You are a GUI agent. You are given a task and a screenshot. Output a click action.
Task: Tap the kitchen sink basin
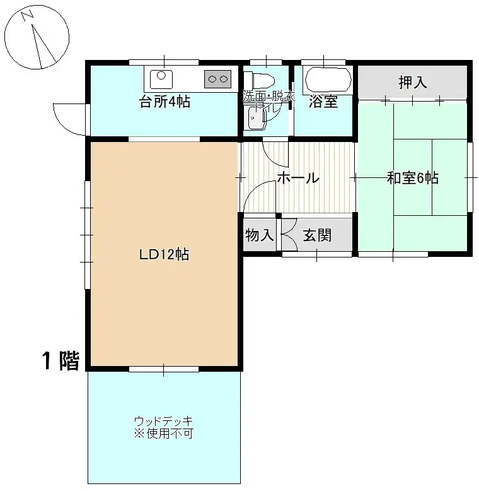coord(161,78)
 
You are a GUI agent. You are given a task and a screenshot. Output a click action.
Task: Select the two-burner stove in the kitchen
coord(217,79)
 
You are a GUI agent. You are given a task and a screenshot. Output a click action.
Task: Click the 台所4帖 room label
coord(164,102)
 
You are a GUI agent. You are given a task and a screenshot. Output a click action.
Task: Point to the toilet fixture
coord(259,80)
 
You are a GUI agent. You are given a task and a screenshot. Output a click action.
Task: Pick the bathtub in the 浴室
coord(327,80)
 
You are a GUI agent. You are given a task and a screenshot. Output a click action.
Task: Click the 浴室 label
coord(323,102)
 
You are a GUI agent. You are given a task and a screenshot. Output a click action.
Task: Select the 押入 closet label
coord(413,83)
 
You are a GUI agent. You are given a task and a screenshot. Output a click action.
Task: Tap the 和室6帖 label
coord(412,178)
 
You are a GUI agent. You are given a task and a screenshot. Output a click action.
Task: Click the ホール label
coord(298,179)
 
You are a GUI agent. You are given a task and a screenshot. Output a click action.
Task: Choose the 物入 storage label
coord(259,235)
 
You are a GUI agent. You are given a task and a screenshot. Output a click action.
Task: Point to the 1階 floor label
coord(61,360)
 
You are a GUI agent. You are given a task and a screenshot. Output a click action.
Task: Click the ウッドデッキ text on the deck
coord(163,421)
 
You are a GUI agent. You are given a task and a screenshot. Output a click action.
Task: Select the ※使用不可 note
coord(163,434)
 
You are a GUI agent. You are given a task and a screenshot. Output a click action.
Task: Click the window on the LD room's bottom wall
coord(164,369)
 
